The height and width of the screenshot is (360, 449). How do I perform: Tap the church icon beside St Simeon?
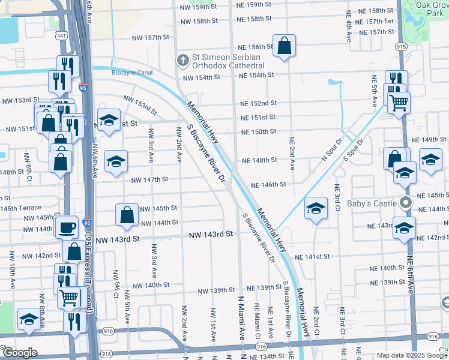coord(182,60)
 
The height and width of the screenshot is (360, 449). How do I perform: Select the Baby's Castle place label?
coord(376,203)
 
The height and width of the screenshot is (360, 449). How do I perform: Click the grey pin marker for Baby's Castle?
coord(405,203)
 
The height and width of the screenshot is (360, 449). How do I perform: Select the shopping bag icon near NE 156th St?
coord(284,46)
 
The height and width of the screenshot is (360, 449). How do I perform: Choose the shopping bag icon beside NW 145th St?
coord(127,215)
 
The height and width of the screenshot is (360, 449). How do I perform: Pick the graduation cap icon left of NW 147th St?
coord(116,162)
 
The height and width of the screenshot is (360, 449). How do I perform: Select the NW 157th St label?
coord(151,37)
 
